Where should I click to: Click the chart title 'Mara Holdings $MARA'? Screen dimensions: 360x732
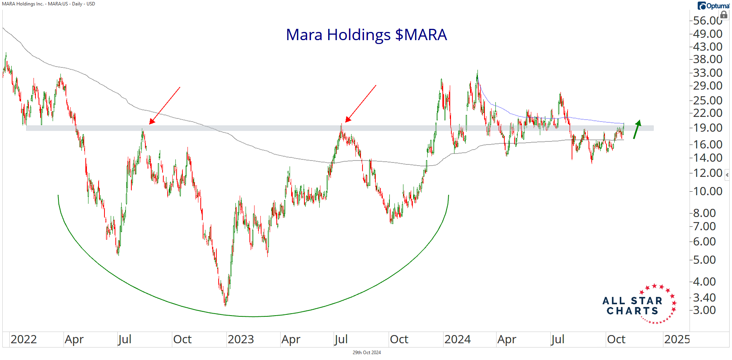(x=366, y=35)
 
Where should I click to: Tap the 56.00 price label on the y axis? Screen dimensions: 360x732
(x=707, y=20)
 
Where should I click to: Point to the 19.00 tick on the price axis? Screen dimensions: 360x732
(x=707, y=128)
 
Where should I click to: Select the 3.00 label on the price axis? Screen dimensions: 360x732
(x=704, y=310)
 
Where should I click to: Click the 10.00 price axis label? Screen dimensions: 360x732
(x=707, y=191)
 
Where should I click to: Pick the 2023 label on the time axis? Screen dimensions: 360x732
(x=240, y=339)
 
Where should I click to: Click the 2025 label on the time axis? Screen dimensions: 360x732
(x=677, y=339)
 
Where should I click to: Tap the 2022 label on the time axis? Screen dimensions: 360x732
(x=23, y=339)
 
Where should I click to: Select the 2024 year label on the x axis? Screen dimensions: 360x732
(x=457, y=339)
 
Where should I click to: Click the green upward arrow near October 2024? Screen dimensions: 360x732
(x=637, y=129)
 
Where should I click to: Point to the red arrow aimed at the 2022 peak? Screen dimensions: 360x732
(x=164, y=106)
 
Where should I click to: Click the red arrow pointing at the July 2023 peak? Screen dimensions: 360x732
(x=361, y=104)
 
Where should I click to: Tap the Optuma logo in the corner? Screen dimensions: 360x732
(x=713, y=5)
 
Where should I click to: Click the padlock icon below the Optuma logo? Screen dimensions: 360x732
(x=724, y=15)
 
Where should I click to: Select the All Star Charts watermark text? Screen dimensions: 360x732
(x=632, y=306)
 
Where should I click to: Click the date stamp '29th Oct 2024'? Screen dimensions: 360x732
(x=366, y=353)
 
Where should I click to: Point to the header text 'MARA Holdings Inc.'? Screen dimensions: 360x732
(x=23, y=4)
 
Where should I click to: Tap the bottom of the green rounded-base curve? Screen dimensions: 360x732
(x=253, y=316)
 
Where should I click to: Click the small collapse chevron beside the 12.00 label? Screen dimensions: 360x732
(x=727, y=175)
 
